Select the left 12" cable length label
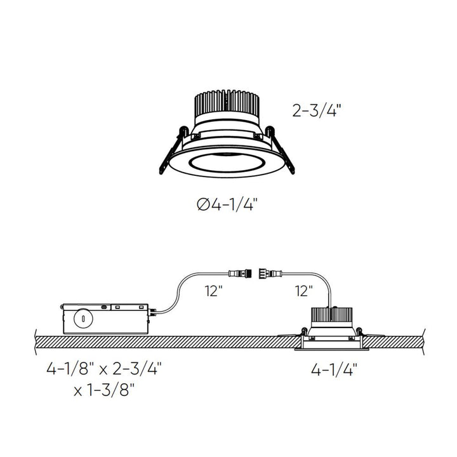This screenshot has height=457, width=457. (x=213, y=291)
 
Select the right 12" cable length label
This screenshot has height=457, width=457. (x=304, y=291)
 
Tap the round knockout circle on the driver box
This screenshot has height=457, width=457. (x=81, y=318)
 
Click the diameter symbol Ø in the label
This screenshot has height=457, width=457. (x=202, y=204)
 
